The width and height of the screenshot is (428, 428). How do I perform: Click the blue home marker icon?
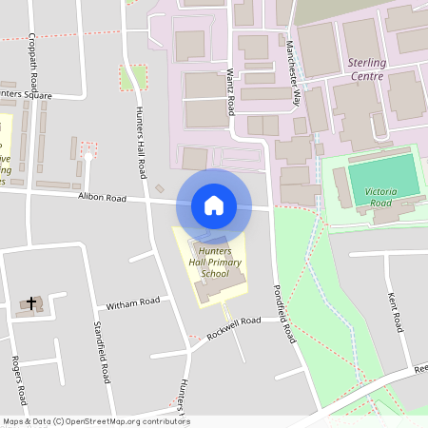[x=214, y=204]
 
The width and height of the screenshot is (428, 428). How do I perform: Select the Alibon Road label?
[x=102, y=199]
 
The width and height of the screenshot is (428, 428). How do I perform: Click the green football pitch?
[x=382, y=176]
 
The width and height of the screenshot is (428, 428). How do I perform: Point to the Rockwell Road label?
[x=234, y=327]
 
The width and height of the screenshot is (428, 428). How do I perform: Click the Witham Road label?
[x=134, y=302]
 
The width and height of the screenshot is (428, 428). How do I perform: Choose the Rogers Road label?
[x=18, y=380]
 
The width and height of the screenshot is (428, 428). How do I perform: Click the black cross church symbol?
[x=31, y=304]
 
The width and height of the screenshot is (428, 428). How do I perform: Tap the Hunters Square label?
[x=26, y=95]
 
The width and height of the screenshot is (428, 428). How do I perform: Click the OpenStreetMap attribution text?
[x=96, y=421]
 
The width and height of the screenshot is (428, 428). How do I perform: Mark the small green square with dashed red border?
[x=134, y=77]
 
